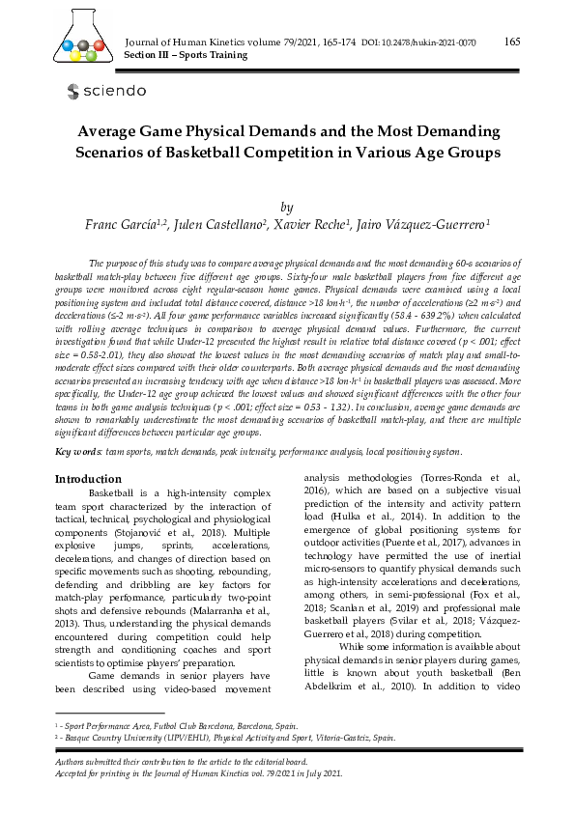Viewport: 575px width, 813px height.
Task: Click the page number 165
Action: point(512,41)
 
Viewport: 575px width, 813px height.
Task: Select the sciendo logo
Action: point(106,91)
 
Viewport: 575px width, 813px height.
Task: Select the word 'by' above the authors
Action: point(286,207)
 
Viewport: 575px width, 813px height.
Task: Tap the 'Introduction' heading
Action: point(88,479)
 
